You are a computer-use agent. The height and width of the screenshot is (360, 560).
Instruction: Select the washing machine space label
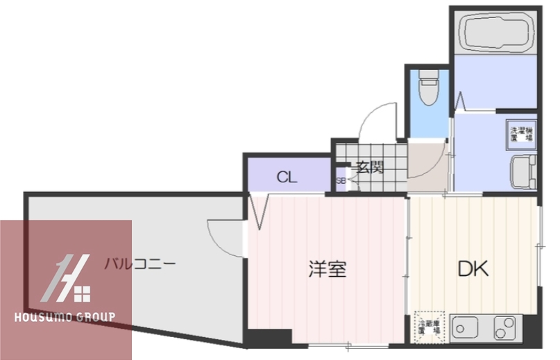click(x=522, y=134)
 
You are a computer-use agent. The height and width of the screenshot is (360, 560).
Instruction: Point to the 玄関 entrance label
click(x=369, y=167)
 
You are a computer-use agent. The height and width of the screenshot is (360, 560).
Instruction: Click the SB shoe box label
click(x=341, y=180)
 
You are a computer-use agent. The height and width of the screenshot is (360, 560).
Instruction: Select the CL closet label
click(x=287, y=177)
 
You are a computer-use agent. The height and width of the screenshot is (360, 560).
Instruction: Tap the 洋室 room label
click(x=328, y=269)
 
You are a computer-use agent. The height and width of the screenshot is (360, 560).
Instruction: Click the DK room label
click(x=473, y=268)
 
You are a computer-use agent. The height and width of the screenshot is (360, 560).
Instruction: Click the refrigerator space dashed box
click(x=427, y=325)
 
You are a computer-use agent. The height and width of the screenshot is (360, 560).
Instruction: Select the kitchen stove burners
click(x=507, y=326)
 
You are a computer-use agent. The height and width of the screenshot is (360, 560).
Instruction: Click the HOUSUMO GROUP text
click(x=65, y=318)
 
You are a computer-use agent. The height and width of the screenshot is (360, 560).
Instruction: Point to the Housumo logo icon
click(x=67, y=280)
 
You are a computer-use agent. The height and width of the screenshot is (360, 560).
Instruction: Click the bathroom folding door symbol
click(x=460, y=102)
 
